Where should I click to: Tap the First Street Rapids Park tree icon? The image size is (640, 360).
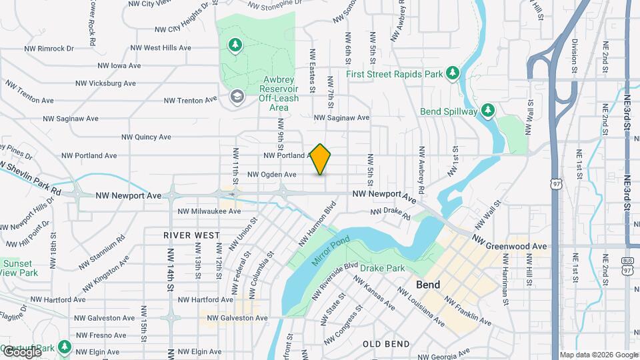(453, 71)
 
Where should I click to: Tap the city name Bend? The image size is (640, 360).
(427, 285)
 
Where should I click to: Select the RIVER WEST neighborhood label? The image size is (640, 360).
(192, 235)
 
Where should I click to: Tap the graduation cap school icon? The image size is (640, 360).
(236, 97)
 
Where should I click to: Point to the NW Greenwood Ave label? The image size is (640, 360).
(510, 243)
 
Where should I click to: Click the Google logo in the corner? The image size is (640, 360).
(21, 351)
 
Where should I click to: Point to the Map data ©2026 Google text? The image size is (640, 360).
(598, 355)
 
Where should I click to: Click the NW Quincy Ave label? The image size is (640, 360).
(146, 137)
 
